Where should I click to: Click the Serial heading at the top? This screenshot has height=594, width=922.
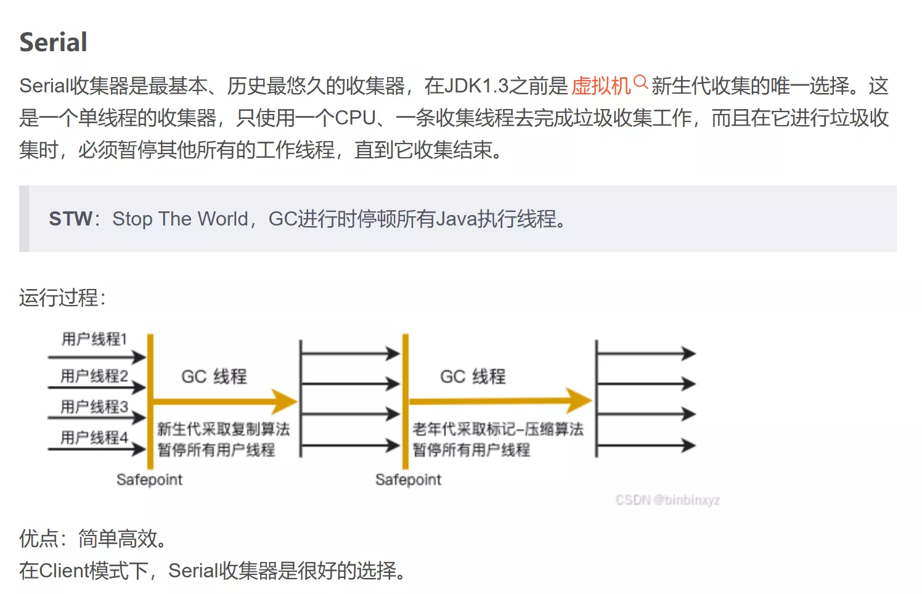pos(53,42)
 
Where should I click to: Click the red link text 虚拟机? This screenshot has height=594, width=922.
pos(601,86)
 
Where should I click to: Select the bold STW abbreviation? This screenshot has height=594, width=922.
pos(70,219)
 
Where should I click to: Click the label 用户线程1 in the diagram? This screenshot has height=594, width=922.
pos(94,339)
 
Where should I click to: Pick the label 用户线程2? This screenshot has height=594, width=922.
pos(94,376)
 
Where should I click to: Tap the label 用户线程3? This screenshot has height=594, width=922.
pos(94,407)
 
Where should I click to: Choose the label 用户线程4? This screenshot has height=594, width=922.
pos(94,437)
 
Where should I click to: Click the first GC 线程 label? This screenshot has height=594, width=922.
pos(214,376)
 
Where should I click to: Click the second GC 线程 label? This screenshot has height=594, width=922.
pos(473,376)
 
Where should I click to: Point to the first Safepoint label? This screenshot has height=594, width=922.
pos(149,479)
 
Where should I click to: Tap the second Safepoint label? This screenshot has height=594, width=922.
pos(409,479)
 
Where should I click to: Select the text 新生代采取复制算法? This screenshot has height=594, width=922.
pos(224,429)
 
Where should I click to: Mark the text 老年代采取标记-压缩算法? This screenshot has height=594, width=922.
pos(498,429)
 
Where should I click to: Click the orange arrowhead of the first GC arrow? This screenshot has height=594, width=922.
pos(285,401)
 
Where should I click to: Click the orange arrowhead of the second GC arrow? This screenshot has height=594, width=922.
pos(579,400)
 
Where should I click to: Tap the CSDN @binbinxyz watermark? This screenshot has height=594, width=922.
pos(667,500)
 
